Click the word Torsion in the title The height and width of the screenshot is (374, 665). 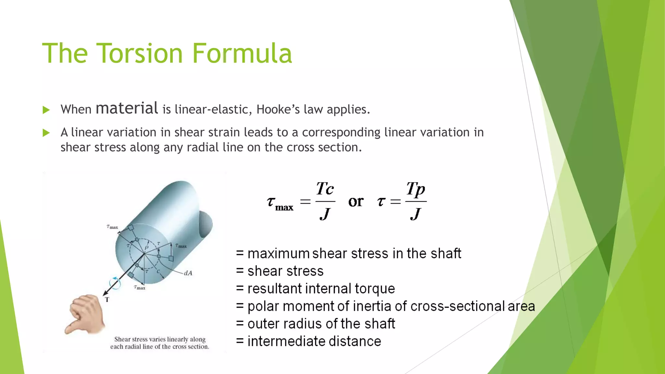139,53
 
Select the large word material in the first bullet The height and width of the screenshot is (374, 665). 127,108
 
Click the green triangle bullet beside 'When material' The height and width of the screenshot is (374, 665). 46,110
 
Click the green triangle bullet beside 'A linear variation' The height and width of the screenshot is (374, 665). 46,133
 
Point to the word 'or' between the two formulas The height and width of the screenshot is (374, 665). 356,202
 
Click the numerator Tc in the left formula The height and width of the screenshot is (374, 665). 325,189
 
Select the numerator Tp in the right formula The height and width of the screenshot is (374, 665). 416,189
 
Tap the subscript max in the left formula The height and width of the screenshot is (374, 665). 284,207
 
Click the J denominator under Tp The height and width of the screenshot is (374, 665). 416,214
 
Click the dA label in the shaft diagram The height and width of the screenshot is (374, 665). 188,273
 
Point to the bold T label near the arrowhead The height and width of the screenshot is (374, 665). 107,300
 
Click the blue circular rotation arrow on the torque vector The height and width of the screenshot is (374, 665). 115,283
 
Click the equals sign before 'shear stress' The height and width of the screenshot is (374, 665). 240,271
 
